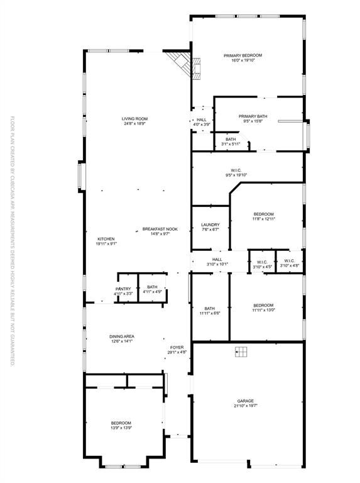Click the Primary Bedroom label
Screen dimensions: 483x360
243,55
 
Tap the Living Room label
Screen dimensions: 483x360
134,118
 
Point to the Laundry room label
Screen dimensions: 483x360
210,225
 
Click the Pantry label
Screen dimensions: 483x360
123,289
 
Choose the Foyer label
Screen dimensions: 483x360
177,347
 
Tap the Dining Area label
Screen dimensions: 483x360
121,336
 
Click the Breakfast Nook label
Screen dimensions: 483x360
160,229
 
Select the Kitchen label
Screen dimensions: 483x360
106,238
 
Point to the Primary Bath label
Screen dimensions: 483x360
253,116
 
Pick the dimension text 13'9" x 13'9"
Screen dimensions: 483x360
121,428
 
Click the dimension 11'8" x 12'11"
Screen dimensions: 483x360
264,219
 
